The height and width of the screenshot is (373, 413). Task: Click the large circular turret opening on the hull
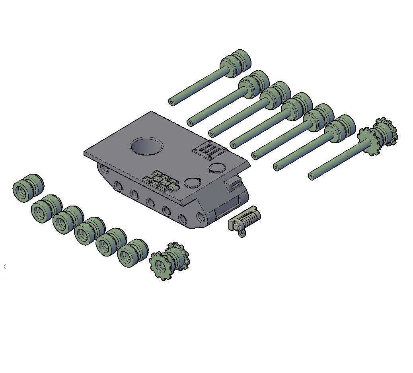point(146,147)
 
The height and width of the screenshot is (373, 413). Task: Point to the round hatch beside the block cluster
point(192,183)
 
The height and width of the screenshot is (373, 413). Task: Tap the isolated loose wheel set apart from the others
point(28,188)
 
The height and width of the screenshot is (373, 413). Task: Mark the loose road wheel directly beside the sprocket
point(132,253)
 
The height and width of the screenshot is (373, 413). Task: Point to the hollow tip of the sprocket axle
point(311,177)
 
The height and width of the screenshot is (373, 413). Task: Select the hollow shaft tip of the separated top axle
point(171,102)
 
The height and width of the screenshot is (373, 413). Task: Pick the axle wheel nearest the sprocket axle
point(341,128)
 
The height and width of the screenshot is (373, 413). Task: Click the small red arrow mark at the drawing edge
point(5,266)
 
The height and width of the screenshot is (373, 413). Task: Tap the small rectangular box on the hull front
point(234,185)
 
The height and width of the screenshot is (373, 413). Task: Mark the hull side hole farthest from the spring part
point(105,169)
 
